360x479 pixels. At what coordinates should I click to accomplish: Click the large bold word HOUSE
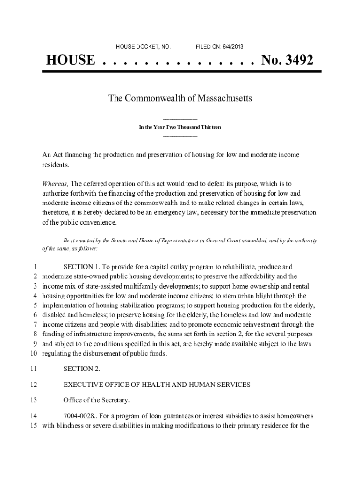click(x=71, y=60)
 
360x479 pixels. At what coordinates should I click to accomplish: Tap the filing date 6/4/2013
click(x=232, y=47)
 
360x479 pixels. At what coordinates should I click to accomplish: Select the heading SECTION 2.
click(x=81, y=369)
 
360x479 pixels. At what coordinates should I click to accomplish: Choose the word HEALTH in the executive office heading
click(x=167, y=385)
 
